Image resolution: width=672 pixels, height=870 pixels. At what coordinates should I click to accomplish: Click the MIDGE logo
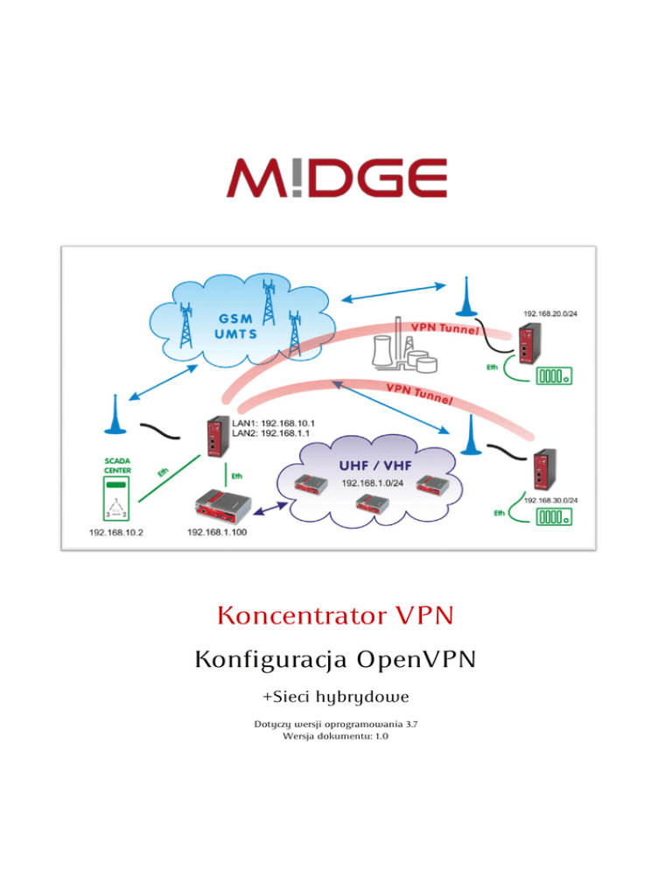pos(337,178)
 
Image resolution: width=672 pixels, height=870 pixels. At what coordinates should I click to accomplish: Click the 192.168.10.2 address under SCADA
pos(116,531)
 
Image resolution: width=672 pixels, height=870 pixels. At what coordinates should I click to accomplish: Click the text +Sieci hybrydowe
pos(336,697)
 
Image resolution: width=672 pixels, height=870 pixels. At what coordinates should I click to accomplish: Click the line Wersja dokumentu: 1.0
pos(336,738)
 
